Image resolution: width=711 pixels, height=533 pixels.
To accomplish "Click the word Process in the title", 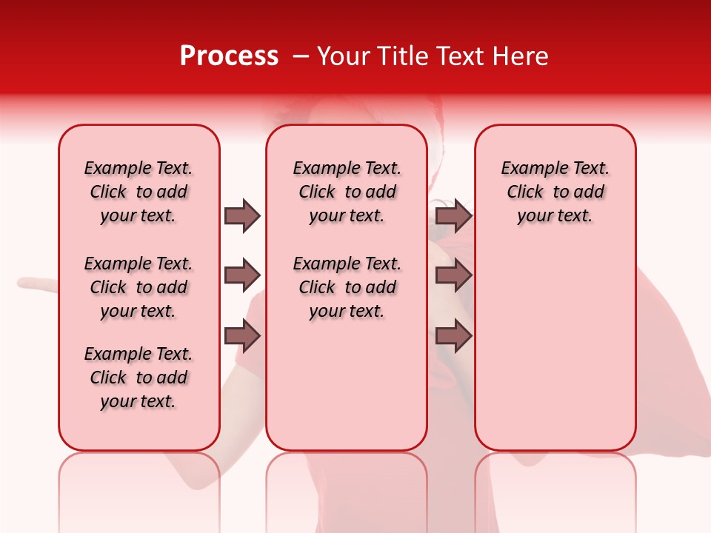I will click(229, 56).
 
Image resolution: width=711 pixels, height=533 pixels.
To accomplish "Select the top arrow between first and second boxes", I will click(242, 215).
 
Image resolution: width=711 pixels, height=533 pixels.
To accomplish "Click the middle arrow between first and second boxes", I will click(242, 276).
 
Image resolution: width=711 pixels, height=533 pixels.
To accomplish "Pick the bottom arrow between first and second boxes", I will click(242, 337).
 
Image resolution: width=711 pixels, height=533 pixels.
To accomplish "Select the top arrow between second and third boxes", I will click(453, 215).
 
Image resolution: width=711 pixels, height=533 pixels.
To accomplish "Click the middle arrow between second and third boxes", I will click(453, 276).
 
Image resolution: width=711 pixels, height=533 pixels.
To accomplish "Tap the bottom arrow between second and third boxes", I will click(453, 337).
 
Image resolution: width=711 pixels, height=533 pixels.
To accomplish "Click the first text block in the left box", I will click(138, 192).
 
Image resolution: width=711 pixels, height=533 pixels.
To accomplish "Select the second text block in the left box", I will click(138, 287).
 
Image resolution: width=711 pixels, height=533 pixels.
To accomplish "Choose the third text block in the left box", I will click(138, 378).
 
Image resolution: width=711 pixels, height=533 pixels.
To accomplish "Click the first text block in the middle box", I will click(347, 192).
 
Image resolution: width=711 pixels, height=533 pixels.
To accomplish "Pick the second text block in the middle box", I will click(347, 287).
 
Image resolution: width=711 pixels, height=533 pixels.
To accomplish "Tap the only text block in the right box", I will click(555, 192).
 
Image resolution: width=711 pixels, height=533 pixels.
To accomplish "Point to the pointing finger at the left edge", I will click(33, 283).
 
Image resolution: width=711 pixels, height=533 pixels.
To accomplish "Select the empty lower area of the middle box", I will click(347, 385).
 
